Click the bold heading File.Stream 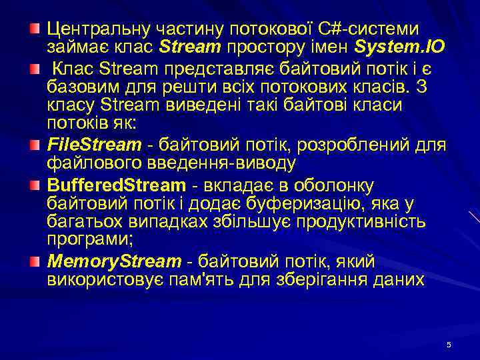point(94,145)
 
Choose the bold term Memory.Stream point(114,261)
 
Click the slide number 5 point(449,344)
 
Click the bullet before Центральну point(34,28)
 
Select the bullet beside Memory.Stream point(34,260)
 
